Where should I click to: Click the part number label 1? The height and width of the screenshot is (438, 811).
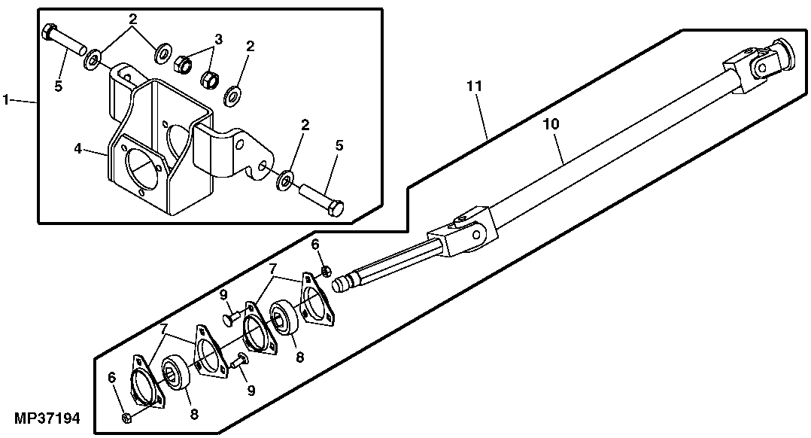(6, 99)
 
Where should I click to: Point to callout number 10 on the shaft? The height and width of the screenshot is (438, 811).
(551, 124)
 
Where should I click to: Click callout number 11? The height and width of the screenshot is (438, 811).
(473, 86)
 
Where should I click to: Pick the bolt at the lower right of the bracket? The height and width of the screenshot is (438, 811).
(323, 199)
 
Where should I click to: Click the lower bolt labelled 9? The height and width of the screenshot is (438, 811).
(241, 361)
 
